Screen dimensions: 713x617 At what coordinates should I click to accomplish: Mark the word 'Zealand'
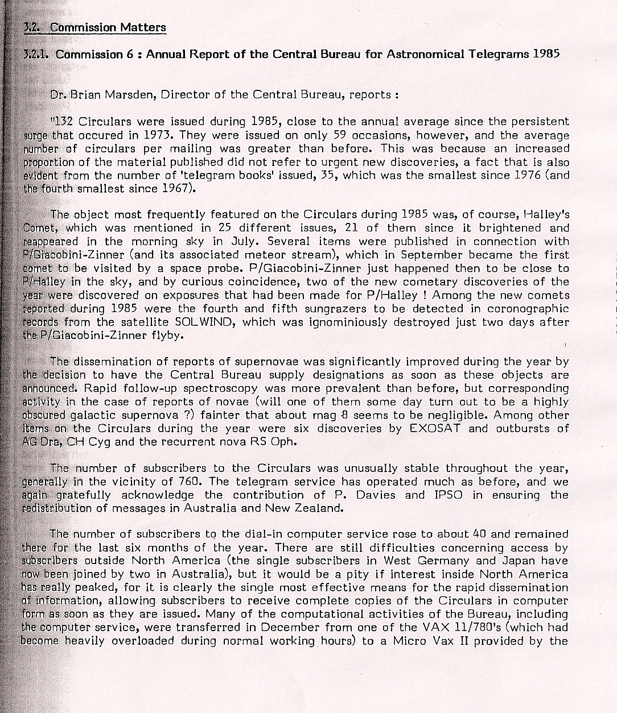(320, 508)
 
